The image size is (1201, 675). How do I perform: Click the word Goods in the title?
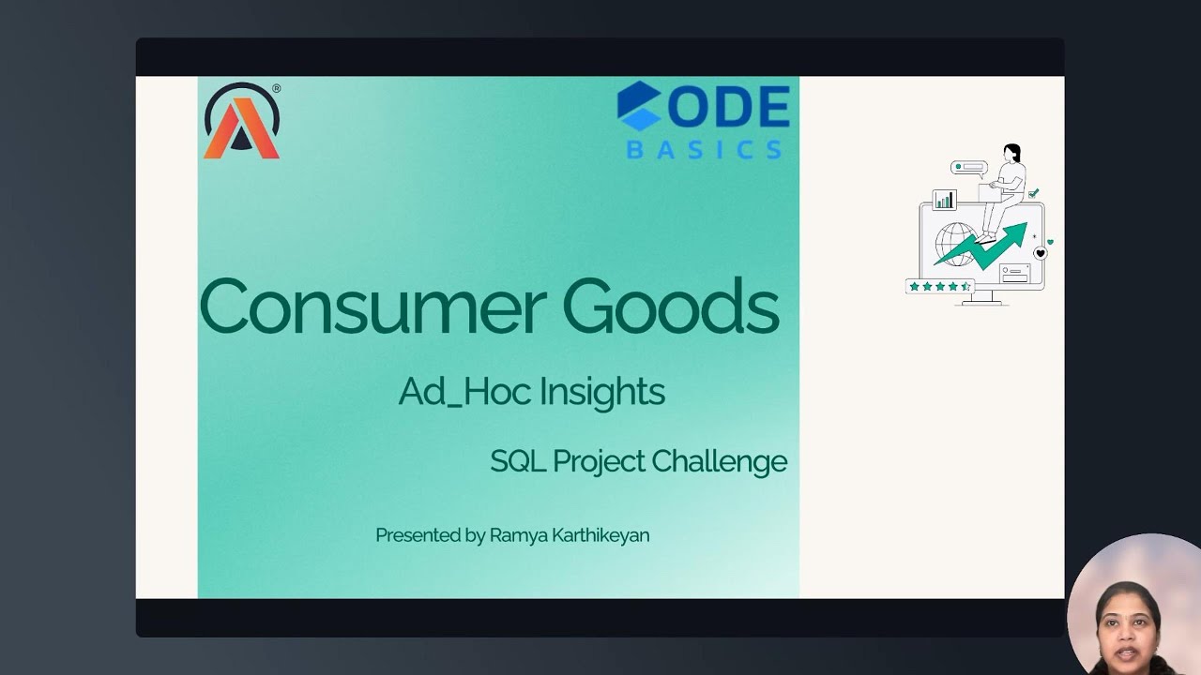[670, 307]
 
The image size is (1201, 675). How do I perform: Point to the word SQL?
[515, 461]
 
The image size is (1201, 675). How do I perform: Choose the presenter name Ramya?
[516, 535]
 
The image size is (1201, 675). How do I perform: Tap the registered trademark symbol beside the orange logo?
[276, 89]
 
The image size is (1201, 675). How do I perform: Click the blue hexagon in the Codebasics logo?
[639, 105]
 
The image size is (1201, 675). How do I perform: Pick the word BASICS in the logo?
[704, 149]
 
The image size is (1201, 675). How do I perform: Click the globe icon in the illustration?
[956, 242]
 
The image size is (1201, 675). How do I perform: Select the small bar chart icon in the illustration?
[944, 200]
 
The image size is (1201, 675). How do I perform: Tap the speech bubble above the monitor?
[968, 168]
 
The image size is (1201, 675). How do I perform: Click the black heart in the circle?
[1040, 253]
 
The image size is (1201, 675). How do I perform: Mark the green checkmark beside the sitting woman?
[1033, 193]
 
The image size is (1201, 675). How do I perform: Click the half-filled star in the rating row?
[965, 286]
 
